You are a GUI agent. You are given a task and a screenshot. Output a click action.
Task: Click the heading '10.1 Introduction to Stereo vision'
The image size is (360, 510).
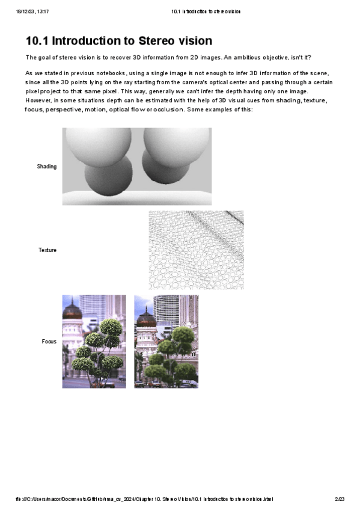click(118, 41)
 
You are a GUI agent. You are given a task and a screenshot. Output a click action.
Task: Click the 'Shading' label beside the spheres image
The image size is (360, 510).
click(47, 167)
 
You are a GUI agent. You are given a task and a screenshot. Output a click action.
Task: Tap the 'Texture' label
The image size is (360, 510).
click(47, 250)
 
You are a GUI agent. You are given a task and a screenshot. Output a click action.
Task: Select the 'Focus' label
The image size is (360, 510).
click(49, 342)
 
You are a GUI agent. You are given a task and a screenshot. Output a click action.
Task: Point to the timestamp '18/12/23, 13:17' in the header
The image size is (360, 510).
click(32, 11)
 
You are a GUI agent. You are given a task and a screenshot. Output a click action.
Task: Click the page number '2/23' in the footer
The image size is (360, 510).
click(340, 499)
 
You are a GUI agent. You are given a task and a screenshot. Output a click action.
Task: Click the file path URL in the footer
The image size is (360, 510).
click(144, 499)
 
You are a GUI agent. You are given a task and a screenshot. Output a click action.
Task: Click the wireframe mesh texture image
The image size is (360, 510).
click(196, 250)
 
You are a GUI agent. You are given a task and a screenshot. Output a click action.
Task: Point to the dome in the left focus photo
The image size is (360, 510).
click(72, 311)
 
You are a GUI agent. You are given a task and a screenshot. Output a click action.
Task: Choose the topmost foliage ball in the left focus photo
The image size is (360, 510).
click(110, 328)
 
